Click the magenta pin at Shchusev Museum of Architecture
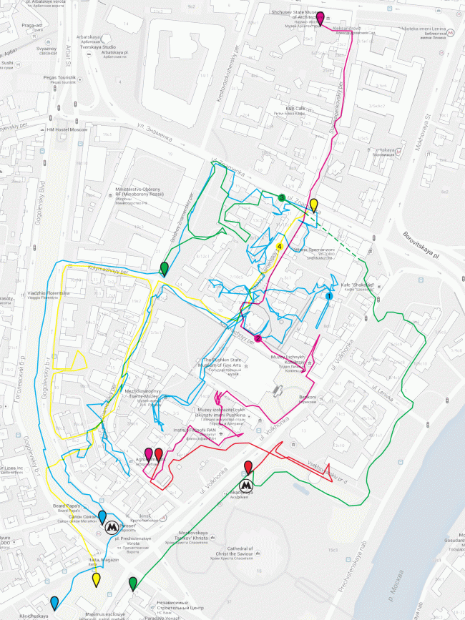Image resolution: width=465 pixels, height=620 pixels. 320,18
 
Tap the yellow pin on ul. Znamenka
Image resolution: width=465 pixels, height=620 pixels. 313,205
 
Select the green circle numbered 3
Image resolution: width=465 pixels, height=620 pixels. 282,197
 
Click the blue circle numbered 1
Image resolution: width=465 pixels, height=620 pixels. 329,295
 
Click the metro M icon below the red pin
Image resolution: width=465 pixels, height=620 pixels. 248,483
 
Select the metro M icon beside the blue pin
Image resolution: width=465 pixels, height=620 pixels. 112,528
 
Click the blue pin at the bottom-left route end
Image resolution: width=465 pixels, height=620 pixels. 54,601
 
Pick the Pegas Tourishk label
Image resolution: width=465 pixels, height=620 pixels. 62,78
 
